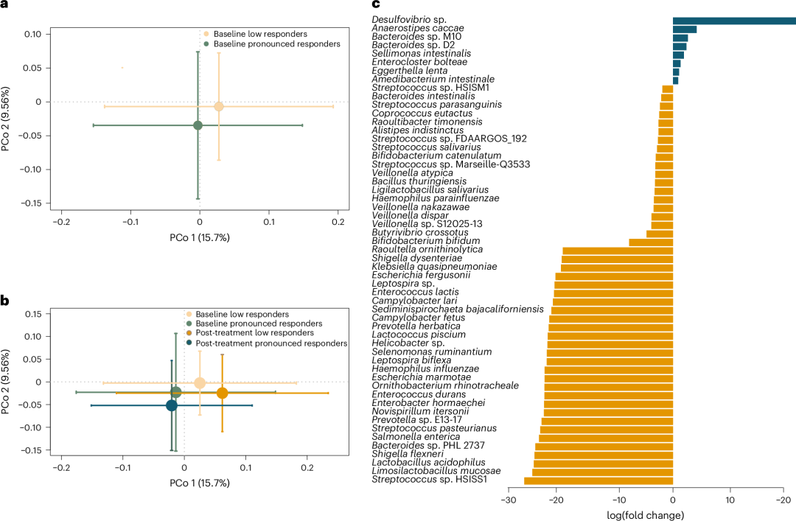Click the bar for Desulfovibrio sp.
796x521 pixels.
(x=733, y=20)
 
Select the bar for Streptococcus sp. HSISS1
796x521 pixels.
(x=598, y=480)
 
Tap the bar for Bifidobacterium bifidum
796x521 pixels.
(x=650, y=241)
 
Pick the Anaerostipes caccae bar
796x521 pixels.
(x=685, y=29)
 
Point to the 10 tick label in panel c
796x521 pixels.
(x=730, y=500)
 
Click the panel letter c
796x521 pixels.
(x=375, y=5)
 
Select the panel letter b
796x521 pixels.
(x=5, y=300)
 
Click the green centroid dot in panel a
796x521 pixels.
(x=198, y=125)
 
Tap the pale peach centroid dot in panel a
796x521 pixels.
(x=219, y=107)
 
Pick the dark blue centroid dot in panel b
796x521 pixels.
(x=172, y=405)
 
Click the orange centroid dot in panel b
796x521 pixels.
(x=223, y=394)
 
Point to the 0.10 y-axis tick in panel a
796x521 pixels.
(x=31, y=34)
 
